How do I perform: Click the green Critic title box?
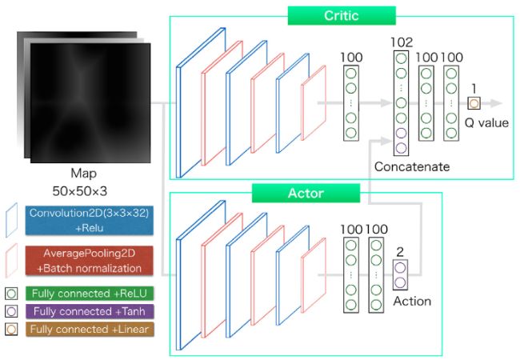tap(342, 15)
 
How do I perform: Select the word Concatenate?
tap(411, 166)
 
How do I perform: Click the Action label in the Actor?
tap(412, 301)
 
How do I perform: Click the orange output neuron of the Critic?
tap(474, 103)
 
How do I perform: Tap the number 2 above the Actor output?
tap(400, 250)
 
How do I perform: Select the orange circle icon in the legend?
tap(11, 328)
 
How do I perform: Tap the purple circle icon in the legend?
tap(11, 310)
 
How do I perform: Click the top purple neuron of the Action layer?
tap(400, 267)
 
